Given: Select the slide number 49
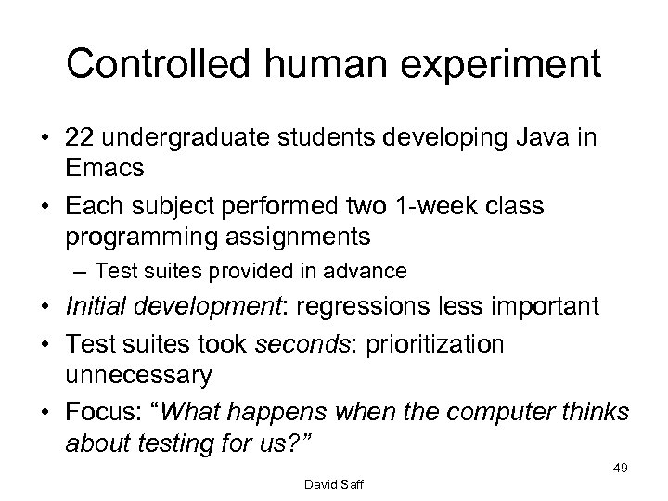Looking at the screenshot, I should coord(621,469).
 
